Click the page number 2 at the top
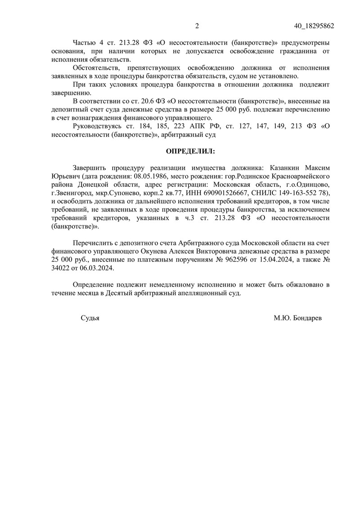coord(197,26)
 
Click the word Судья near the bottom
coord(90,318)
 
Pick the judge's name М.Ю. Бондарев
coord(298,318)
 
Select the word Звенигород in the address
coord(72,194)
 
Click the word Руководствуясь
coord(98,126)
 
